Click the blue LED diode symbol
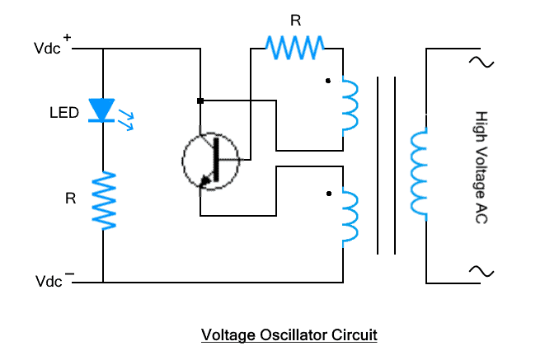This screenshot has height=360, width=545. (103, 110)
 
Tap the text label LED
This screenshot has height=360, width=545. (63, 113)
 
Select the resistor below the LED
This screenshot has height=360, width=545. (104, 199)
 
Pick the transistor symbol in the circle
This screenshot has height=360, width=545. (210, 158)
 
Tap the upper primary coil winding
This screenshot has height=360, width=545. (350, 105)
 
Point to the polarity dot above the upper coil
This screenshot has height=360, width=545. (328, 81)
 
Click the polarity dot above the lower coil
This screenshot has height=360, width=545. (328, 194)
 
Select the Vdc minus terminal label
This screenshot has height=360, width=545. (54, 281)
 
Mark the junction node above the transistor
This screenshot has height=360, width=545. (200, 101)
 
